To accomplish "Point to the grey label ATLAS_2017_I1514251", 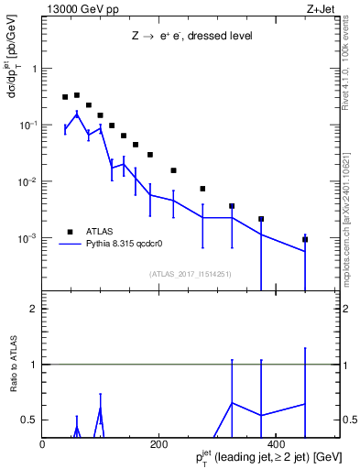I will [189, 274].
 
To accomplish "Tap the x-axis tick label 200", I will [158, 444].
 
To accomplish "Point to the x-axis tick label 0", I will [43, 444].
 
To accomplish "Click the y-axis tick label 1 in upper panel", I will [33, 69].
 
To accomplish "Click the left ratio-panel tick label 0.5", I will [29, 420].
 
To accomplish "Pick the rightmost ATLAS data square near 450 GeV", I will [305, 239].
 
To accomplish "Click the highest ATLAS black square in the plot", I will [77, 94].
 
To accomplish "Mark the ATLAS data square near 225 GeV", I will [173, 170].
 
